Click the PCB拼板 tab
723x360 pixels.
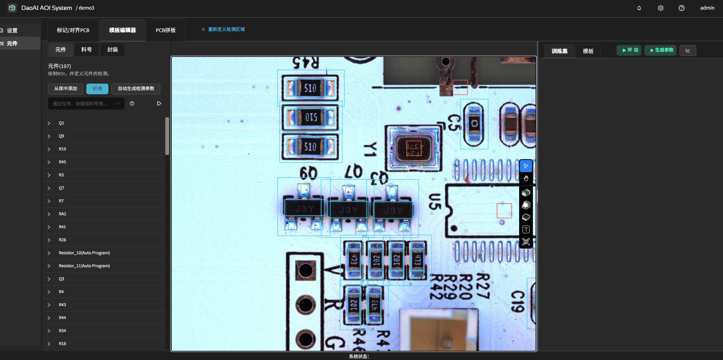pyautogui.click(x=166, y=30)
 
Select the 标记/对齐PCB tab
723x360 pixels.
pyautogui.click(x=73, y=30)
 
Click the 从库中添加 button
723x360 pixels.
pyautogui.click(x=66, y=89)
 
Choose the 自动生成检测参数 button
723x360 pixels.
pyautogui.click(x=136, y=89)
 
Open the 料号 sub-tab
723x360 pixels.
pyautogui.click(x=87, y=50)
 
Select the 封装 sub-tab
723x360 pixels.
pyautogui.click(x=113, y=50)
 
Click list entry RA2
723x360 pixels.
pyautogui.click(x=63, y=214)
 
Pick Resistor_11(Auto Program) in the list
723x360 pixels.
pyautogui.click(x=84, y=266)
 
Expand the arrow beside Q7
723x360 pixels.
pyautogui.click(x=49, y=188)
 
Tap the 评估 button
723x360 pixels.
pyautogui.click(x=629, y=50)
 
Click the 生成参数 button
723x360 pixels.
pyautogui.click(x=660, y=50)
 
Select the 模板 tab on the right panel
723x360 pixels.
pyautogui.click(x=588, y=51)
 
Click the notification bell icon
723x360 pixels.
pyautogui.click(x=639, y=8)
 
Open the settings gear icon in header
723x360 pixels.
pyautogui.click(x=660, y=8)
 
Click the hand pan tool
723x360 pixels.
pyautogui.click(x=526, y=178)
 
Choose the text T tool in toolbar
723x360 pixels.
pyautogui.click(x=526, y=229)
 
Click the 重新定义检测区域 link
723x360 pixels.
pyautogui.click(x=226, y=29)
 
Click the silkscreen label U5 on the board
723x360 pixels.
pyautogui.click(x=435, y=202)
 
